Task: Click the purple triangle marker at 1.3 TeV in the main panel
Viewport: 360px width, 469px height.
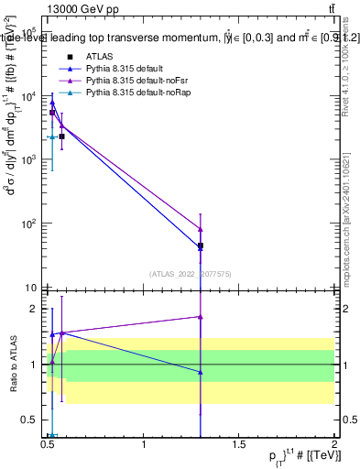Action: coord(201,229)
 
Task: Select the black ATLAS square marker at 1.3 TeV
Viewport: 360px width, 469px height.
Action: coord(201,245)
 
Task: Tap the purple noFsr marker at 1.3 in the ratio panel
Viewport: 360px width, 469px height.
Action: coord(201,317)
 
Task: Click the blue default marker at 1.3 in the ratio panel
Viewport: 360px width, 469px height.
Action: coord(201,372)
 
